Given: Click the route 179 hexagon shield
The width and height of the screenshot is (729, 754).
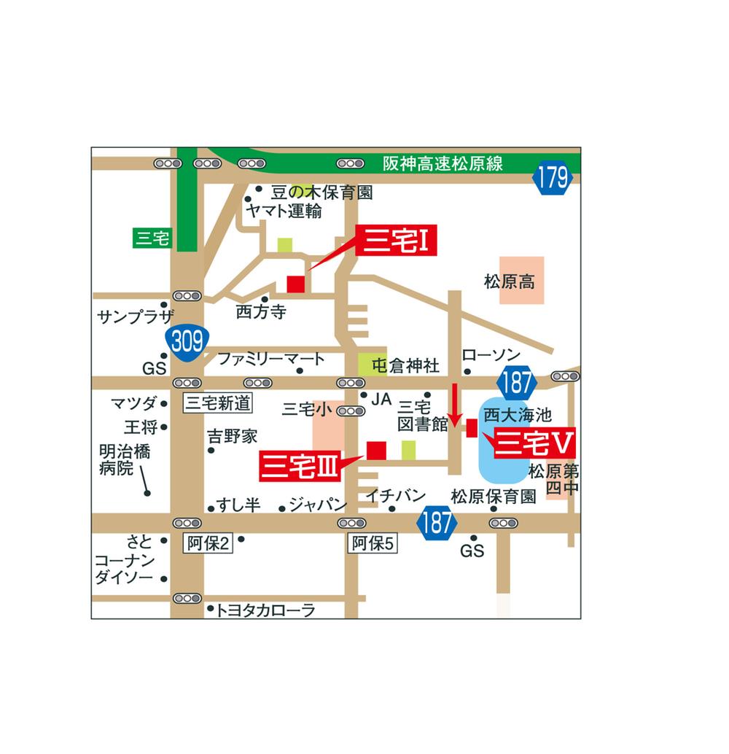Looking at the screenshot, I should pos(552,179).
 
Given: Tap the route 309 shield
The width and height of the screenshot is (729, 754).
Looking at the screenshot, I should pos(187,341).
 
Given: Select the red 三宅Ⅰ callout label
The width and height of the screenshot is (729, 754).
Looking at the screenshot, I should pos(397,241).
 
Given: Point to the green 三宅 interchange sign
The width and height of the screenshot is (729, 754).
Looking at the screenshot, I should pos(152,238).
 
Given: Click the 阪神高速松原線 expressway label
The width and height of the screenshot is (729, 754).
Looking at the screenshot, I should pos(443,163).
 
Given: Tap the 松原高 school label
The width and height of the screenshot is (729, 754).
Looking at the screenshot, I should pos(510,281).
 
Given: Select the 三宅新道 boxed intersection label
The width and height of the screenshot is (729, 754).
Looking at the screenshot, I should pos(217,403).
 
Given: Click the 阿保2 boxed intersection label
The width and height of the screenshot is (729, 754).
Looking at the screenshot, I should pos(208,543).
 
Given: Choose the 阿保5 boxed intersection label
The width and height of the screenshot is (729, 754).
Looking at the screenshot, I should pos(373,543).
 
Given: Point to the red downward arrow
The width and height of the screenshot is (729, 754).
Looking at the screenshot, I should pos(454,405).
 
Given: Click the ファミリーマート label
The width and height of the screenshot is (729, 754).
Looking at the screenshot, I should pos(271,359).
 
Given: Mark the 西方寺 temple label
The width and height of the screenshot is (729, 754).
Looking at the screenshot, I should pos(261,313).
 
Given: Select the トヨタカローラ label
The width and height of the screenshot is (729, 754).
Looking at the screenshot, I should pos(265,610).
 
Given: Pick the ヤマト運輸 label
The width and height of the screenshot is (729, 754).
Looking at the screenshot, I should pos(284,211).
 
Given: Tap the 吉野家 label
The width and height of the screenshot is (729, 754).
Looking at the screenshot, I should pos(233,437).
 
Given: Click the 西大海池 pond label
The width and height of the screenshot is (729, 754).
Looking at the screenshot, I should pos(518,416).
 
